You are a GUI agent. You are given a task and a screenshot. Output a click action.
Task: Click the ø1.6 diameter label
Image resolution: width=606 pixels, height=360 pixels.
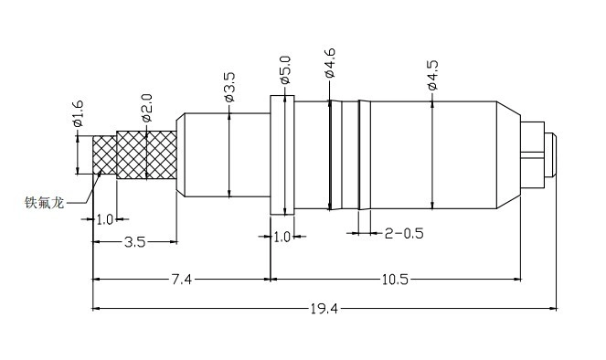click(x=78, y=113)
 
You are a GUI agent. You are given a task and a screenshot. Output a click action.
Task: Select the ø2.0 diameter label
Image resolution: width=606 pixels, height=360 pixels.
click(x=147, y=108)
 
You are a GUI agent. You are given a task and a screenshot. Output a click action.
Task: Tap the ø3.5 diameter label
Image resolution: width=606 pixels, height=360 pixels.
click(x=229, y=88)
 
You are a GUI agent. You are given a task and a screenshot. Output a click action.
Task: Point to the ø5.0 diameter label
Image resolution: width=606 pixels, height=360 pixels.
click(x=285, y=70)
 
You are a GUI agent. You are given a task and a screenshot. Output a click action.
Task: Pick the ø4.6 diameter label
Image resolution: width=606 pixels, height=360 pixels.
click(x=330, y=64)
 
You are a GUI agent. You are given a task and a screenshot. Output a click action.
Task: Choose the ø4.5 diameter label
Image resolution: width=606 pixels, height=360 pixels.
click(x=432, y=75)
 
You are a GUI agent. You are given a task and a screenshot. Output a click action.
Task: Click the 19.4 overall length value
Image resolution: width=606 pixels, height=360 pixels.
click(x=324, y=309)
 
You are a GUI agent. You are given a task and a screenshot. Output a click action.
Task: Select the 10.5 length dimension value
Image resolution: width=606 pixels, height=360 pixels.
click(x=395, y=280)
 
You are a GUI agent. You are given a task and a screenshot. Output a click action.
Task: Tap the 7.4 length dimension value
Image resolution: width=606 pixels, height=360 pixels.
click(x=182, y=280)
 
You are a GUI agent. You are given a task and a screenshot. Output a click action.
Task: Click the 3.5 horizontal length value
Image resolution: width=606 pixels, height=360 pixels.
click(x=135, y=242)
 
